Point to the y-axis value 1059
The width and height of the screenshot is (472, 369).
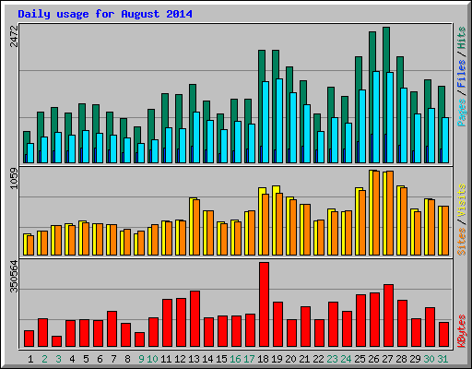coord(13,177)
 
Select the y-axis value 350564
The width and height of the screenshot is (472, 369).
coord(13,276)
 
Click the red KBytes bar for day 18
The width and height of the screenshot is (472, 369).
coord(264,304)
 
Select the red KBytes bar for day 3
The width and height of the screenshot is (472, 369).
coord(56,340)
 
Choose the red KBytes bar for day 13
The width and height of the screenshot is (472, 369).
coord(195,318)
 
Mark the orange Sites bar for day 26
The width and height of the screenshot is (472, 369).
coord(376,213)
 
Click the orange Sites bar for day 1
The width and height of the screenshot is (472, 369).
coord(30,244)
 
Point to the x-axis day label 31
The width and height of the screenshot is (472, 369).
coord(443,358)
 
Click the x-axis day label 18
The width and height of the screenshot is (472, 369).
coord(264,358)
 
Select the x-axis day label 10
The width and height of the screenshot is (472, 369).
coord(153,358)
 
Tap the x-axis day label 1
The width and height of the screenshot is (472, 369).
coord(30,358)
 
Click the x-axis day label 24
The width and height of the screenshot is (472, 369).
coord(347,358)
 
